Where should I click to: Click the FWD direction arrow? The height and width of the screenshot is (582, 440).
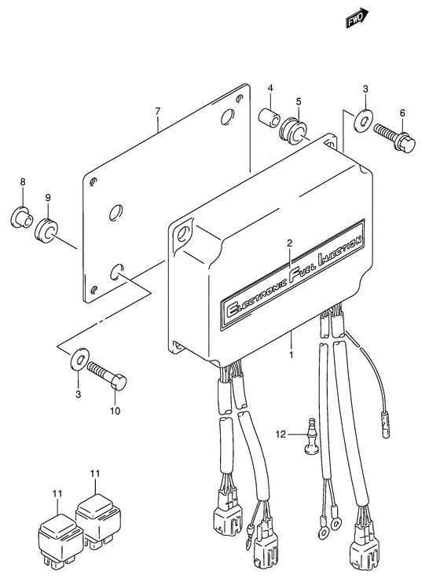(357, 18)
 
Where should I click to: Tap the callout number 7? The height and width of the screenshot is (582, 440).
(158, 111)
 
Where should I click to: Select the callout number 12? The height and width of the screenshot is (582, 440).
(281, 434)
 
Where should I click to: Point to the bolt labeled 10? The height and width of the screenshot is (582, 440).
(107, 375)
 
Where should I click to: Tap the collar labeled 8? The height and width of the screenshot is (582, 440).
(21, 217)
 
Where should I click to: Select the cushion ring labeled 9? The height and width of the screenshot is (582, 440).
(47, 232)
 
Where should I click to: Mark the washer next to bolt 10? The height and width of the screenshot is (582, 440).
(79, 359)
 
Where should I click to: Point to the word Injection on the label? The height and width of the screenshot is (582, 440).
(339, 250)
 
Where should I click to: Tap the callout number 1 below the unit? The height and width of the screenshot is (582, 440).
(291, 355)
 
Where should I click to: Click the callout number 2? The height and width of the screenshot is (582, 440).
(290, 243)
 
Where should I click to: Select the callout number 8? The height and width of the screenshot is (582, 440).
(23, 182)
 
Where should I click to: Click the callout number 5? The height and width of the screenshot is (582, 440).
(299, 101)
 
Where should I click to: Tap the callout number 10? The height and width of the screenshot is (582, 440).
(115, 411)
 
